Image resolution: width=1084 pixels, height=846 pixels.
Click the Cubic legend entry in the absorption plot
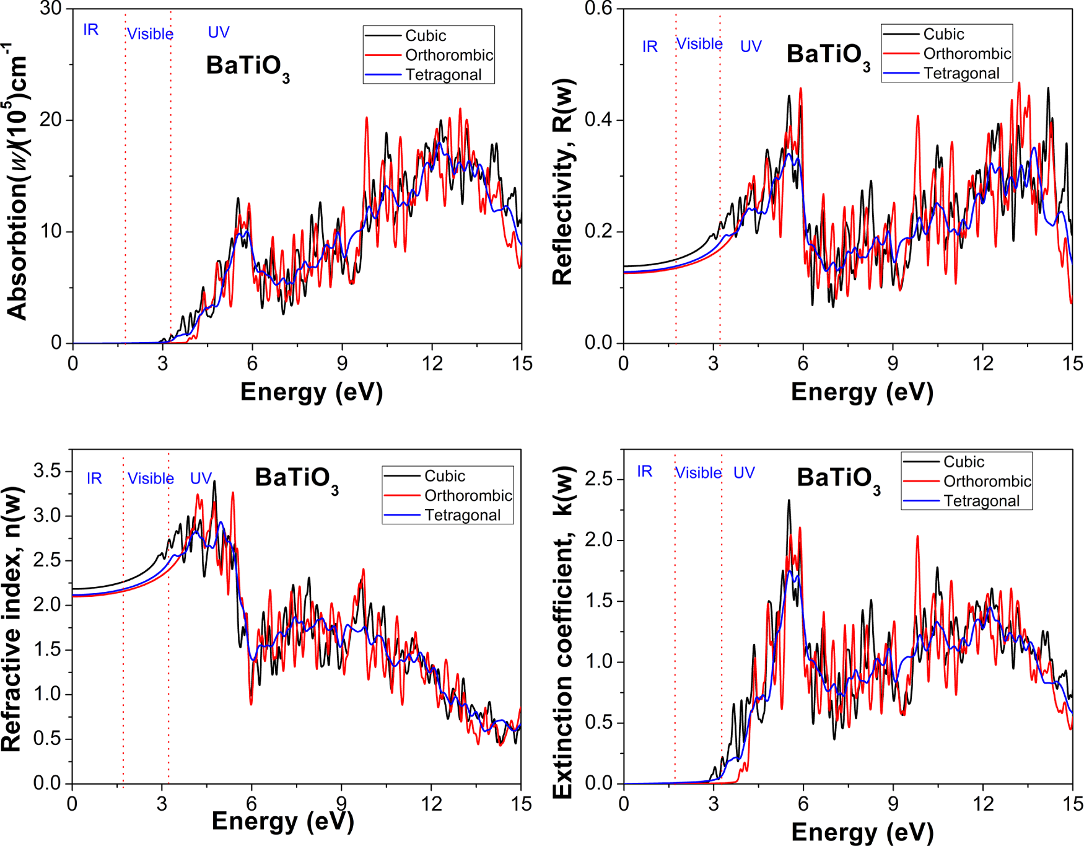(425, 35)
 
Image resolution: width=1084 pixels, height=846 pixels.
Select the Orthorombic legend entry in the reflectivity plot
(966, 54)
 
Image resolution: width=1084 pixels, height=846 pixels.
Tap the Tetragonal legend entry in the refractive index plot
(462, 515)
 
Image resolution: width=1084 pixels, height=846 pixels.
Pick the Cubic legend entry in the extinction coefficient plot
(963, 462)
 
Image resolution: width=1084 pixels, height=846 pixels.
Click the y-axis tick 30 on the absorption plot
(51, 9)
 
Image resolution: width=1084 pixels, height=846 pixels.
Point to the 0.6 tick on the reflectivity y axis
(598, 9)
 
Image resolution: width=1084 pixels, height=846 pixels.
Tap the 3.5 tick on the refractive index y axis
(47, 471)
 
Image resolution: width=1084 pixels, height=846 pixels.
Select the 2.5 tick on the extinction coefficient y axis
(598, 479)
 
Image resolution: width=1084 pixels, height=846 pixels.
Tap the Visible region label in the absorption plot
(150, 34)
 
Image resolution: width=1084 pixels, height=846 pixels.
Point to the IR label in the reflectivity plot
(649, 46)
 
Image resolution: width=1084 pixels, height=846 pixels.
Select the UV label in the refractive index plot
(201, 478)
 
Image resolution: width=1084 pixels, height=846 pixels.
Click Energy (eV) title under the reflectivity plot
(862, 392)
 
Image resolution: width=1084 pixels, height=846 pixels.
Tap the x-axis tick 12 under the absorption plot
(432, 363)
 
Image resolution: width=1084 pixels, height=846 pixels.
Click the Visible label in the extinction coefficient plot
(698, 473)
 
